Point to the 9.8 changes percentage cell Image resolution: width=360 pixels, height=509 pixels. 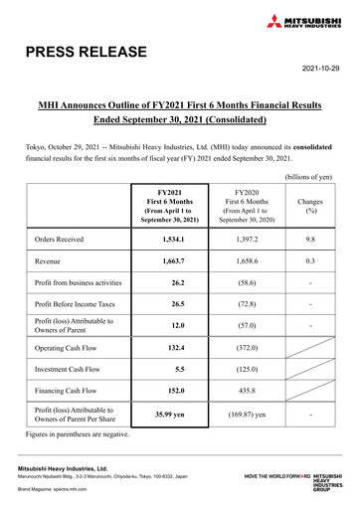pos(311,241)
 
